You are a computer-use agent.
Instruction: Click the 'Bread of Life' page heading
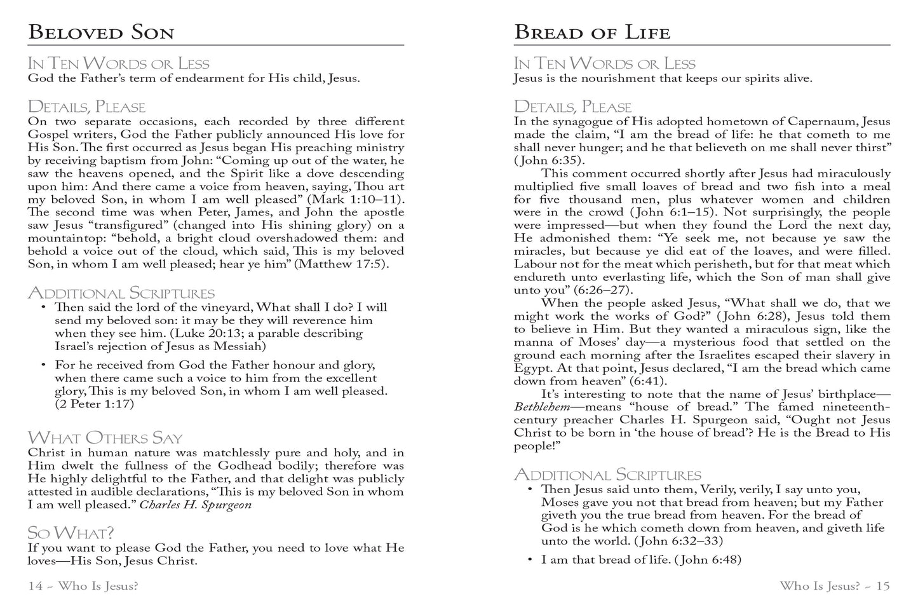[591, 32]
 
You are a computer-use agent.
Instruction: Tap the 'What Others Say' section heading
[105, 438]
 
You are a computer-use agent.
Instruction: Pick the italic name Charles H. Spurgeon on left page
[196, 505]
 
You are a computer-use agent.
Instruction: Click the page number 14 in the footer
[36, 586]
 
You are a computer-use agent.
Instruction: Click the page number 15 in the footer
[883, 586]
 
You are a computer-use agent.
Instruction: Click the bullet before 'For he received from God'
[43, 365]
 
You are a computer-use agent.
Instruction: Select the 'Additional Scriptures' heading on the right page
[607, 475]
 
